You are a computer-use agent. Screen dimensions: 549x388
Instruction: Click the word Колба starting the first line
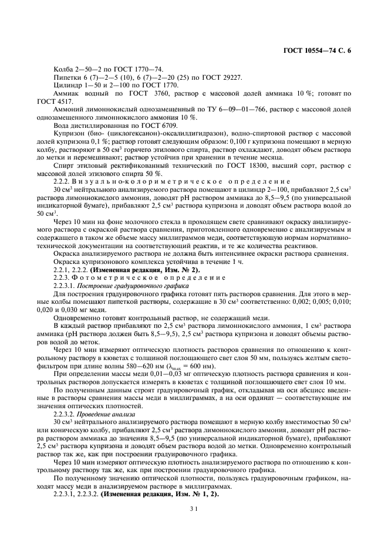tap(64, 69)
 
